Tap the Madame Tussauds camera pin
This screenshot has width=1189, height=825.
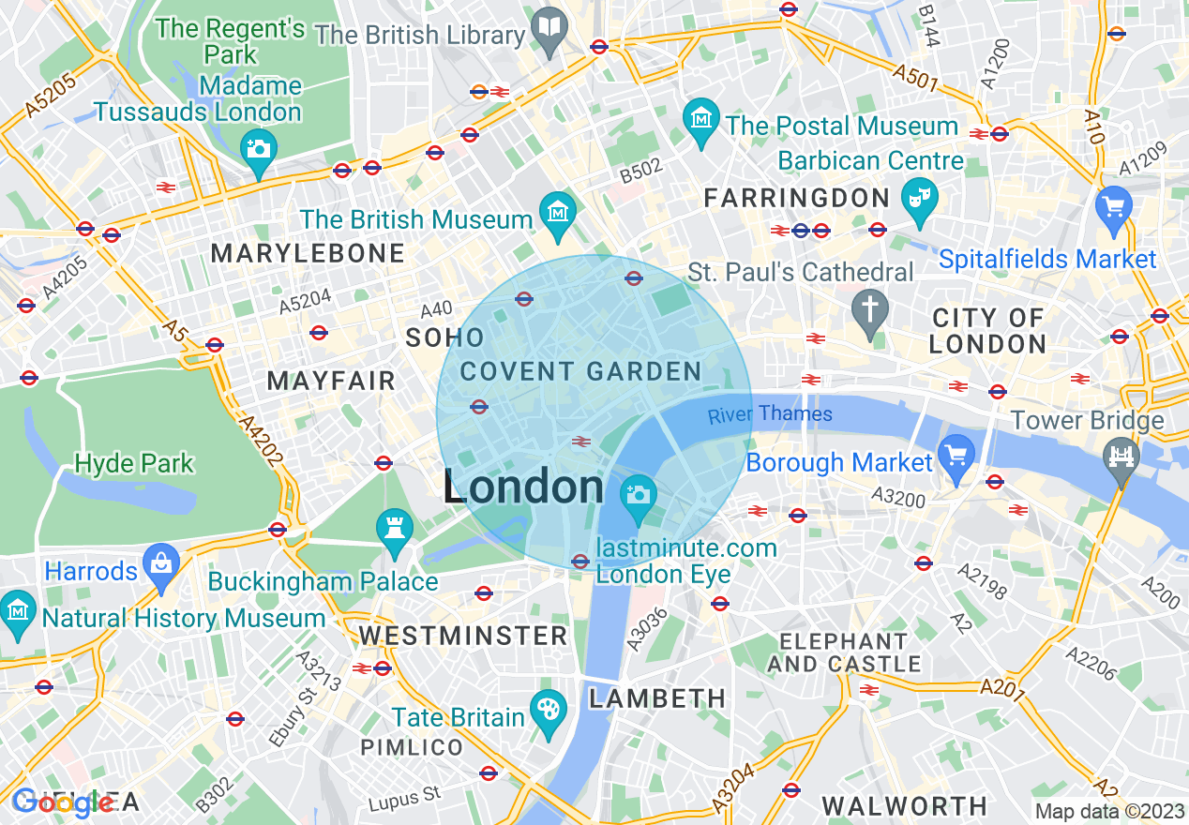[x=257, y=148]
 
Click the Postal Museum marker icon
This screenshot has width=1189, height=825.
[x=700, y=118]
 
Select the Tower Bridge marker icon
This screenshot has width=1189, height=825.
[x=1121, y=457]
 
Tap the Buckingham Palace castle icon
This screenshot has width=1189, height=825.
[x=394, y=527]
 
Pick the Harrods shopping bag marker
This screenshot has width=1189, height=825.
[x=161, y=563]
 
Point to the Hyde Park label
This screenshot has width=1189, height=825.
[x=134, y=463]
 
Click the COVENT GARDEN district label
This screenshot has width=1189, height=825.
[x=580, y=371]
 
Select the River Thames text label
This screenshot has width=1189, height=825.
[x=770, y=414]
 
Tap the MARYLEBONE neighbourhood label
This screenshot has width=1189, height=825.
[x=308, y=253]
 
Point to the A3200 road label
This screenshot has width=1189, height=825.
[x=898, y=496]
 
